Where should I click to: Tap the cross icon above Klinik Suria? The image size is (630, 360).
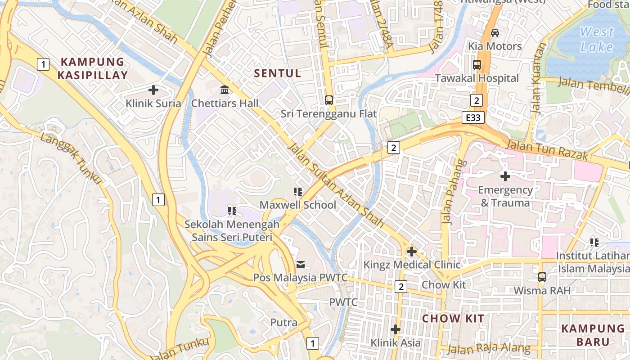coord(153,90)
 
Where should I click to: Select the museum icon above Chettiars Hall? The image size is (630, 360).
coord(225,90)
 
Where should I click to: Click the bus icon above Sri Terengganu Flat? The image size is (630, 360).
coord(329,100)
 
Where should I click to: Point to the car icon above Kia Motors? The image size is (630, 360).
coord(495,33)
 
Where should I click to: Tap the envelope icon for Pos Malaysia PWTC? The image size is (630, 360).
coord(300,264)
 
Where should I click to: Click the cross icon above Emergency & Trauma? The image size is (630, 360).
coord(505,176)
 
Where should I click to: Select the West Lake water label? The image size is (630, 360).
coord(597,39)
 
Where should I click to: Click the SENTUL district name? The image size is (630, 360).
coord(277,73)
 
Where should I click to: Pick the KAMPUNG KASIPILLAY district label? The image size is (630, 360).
coord(92,68)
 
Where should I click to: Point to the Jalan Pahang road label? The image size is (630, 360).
coord(453,191)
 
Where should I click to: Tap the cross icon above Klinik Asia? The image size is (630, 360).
coord(395,329)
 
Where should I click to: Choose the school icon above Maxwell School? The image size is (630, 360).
coord(297,192)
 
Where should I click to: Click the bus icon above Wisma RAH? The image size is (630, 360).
coord(542,277)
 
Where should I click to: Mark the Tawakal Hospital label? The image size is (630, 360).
coord(477,78)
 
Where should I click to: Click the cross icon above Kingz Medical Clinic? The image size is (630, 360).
coord(411,252)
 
